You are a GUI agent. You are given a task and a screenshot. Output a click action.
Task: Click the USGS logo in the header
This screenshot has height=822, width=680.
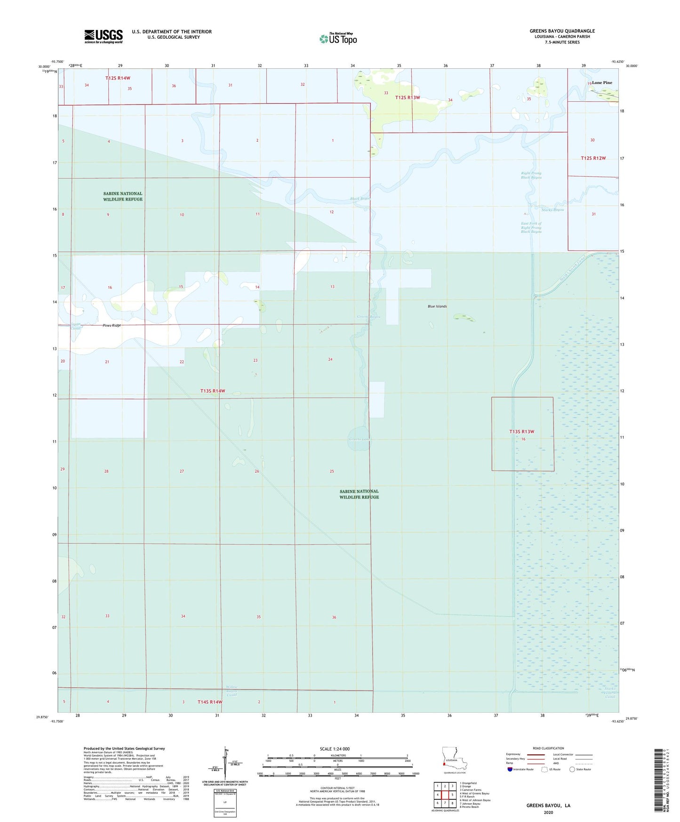pyautogui.click(x=104, y=36)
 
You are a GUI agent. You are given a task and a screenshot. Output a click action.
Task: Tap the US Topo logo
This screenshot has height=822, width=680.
pyautogui.click(x=338, y=38)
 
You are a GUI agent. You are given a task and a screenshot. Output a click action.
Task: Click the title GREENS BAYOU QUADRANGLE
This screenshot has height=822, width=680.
pyautogui.click(x=562, y=31)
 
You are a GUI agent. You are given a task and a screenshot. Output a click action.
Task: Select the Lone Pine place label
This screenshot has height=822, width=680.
pyautogui.click(x=602, y=83)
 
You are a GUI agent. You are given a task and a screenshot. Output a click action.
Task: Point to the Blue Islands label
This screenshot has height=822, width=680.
pyautogui.click(x=437, y=306)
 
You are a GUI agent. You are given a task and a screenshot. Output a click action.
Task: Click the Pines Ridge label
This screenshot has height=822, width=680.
pyautogui.click(x=112, y=325)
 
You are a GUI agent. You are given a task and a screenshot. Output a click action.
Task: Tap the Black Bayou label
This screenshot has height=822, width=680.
pyautogui.click(x=360, y=199)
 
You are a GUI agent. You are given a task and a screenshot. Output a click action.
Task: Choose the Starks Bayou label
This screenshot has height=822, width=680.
pyautogui.click(x=552, y=210)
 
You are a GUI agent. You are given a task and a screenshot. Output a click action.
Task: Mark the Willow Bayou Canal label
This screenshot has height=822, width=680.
pyautogui.click(x=232, y=691)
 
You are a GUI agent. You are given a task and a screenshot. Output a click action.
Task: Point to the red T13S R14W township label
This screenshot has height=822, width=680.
pyautogui.click(x=213, y=391)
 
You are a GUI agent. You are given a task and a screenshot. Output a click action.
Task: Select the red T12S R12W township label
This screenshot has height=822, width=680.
pyautogui.click(x=593, y=158)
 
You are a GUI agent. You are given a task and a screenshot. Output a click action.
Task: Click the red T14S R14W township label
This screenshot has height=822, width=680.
pyautogui.click(x=210, y=702)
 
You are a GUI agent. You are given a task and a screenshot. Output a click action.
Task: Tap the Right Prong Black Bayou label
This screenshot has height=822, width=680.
pyautogui.click(x=531, y=175)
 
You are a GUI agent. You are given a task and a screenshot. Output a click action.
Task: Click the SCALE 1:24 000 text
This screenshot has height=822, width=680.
pyautogui.click(x=335, y=749)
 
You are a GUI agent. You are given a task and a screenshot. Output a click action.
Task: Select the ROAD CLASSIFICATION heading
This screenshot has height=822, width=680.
pyautogui.click(x=548, y=748)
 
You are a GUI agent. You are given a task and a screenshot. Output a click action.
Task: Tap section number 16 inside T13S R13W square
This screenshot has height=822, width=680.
pyautogui.click(x=523, y=439)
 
